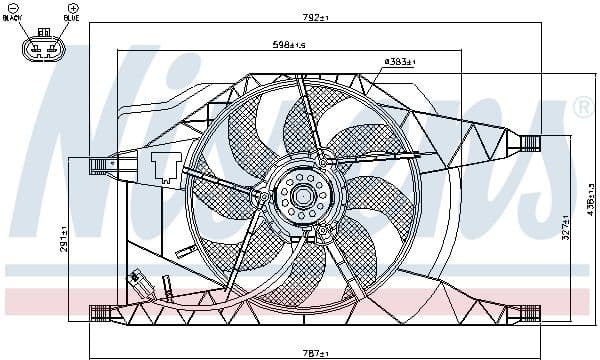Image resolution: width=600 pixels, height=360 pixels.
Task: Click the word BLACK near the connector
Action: click(13, 18)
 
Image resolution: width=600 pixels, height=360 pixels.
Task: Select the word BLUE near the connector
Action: click(71, 18)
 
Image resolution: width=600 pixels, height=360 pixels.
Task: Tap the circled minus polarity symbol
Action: click(14, 8)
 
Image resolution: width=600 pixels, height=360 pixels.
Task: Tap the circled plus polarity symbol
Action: click(71, 8)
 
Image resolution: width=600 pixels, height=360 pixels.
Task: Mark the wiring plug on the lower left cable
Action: click(137, 281)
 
